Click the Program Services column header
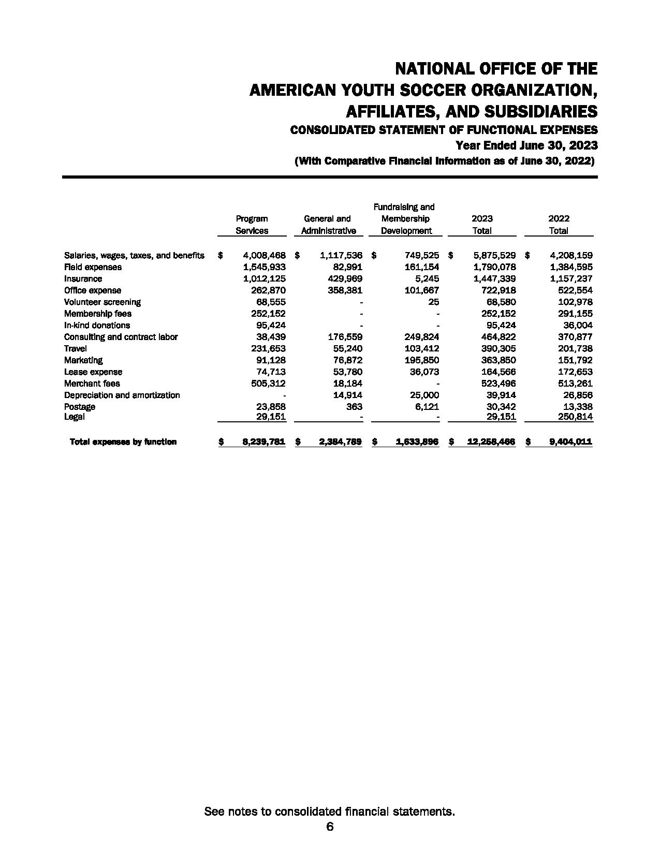click(252, 225)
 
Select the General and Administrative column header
click(328, 225)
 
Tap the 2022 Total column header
click(559, 225)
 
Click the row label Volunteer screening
click(102, 302)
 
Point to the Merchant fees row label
click(92, 384)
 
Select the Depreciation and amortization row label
click(122, 395)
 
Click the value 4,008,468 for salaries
click(264, 255)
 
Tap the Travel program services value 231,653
click(268, 348)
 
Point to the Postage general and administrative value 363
click(355, 407)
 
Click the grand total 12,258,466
click(491, 442)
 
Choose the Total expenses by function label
click(123, 442)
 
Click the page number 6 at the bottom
click(330, 827)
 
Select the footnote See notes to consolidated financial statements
click(330, 811)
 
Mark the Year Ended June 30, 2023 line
click(526, 145)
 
